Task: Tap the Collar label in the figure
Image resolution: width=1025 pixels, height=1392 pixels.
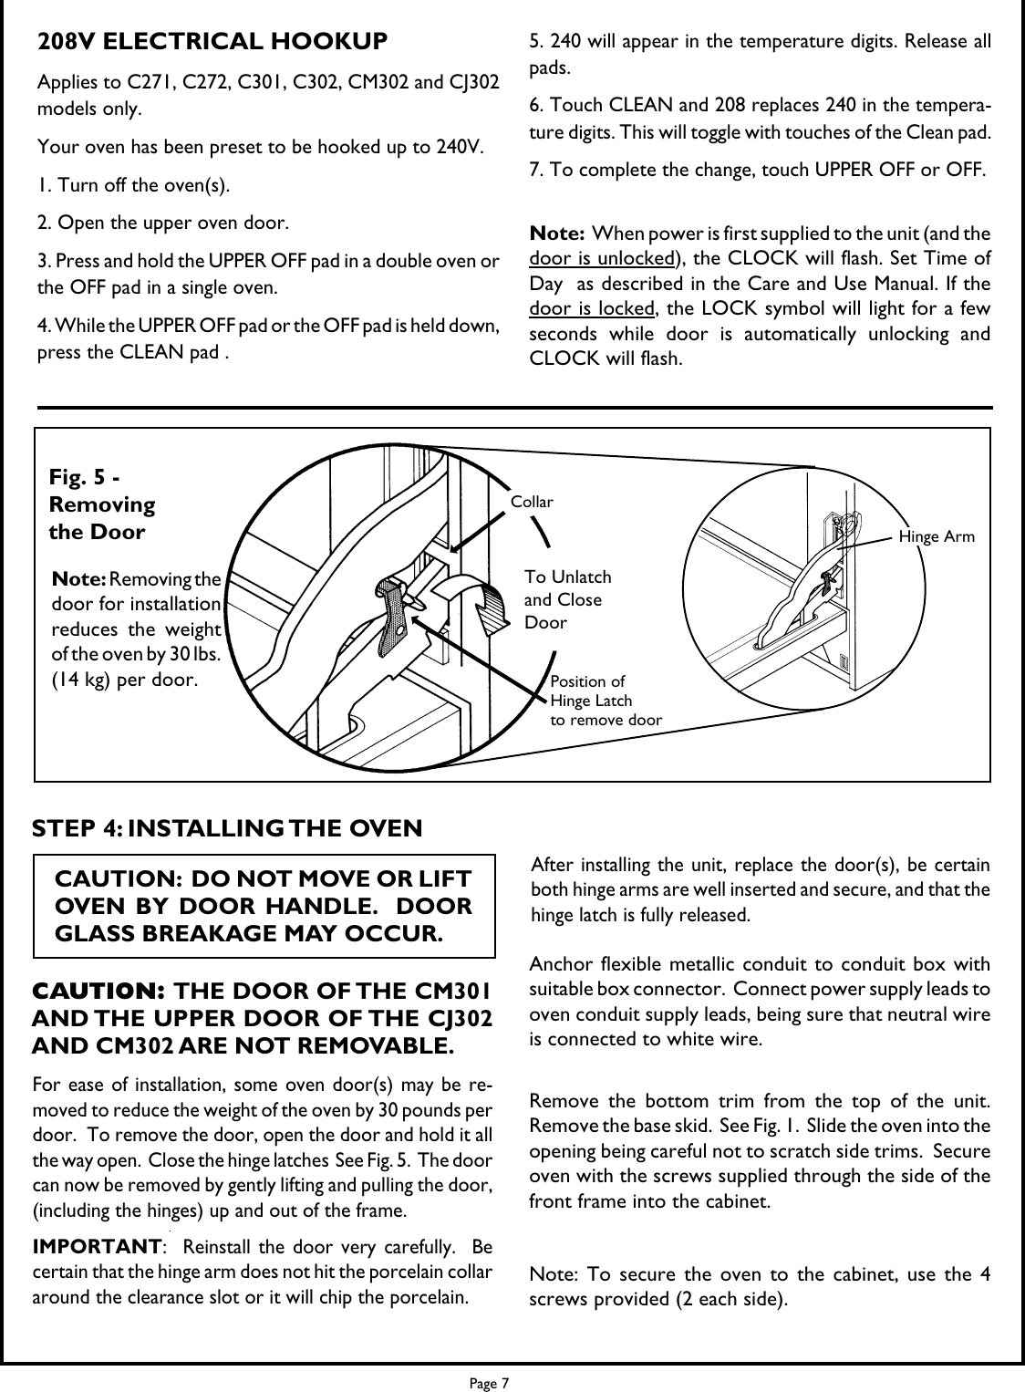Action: pyautogui.click(x=532, y=502)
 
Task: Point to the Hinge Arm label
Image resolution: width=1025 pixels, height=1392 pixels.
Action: pyautogui.click(x=937, y=537)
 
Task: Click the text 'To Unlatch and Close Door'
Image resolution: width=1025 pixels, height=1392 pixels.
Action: pyautogui.click(x=567, y=599)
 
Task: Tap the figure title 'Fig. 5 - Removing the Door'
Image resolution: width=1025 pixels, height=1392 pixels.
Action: pyautogui.click(x=100, y=504)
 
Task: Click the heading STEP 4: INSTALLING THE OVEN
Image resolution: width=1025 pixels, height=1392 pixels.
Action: pyautogui.click(x=227, y=828)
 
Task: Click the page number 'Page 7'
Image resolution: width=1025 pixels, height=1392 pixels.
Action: pyautogui.click(x=490, y=1383)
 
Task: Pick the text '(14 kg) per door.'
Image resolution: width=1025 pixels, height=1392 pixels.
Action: pyautogui.click(x=127, y=680)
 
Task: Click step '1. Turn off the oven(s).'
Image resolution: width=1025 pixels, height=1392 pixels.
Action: pyautogui.click(x=133, y=185)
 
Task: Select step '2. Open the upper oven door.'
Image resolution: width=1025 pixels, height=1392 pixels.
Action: pyautogui.click(x=163, y=223)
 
